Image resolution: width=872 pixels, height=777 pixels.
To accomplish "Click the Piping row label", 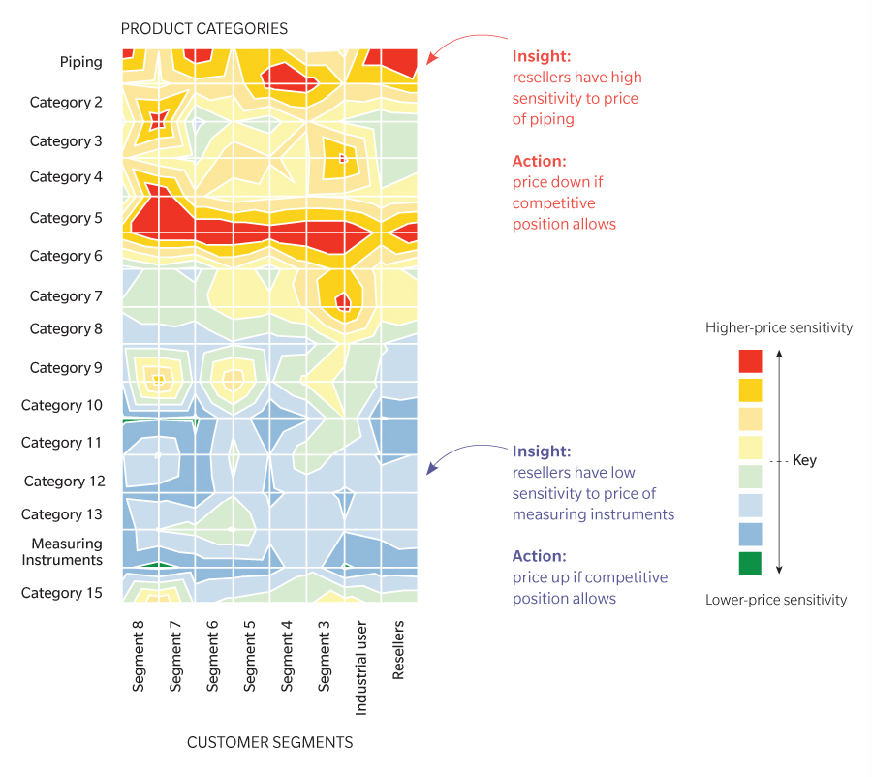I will tap(80, 62).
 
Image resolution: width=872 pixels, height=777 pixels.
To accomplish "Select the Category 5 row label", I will tap(66, 218).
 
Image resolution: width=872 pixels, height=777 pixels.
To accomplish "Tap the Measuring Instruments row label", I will tap(66, 552).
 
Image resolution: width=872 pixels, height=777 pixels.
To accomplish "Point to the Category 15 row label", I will tap(62, 593).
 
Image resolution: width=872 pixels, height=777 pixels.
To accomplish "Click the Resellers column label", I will tap(398, 657).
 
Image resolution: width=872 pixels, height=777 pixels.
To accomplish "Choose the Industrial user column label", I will tap(361, 668).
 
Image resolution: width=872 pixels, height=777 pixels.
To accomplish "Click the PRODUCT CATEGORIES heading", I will tap(203, 29).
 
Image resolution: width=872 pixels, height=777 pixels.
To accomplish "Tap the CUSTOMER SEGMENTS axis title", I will tap(269, 743).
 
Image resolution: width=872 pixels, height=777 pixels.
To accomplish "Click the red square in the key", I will tap(750, 361).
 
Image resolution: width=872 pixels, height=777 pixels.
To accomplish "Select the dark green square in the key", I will tap(750, 563).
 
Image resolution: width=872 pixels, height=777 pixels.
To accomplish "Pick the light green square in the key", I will tap(750, 477).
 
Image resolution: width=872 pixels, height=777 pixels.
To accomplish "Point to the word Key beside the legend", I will tap(804, 461).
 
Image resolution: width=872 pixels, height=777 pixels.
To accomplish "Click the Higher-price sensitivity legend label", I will tap(779, 328).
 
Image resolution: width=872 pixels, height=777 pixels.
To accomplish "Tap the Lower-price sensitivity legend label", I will tap(776, 601).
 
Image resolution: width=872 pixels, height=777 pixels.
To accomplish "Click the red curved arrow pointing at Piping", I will tap(465, 44).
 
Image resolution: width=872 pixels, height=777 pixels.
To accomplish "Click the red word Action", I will tap(539, 161).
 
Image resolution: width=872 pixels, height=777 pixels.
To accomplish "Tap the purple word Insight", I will tap(540, 451).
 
